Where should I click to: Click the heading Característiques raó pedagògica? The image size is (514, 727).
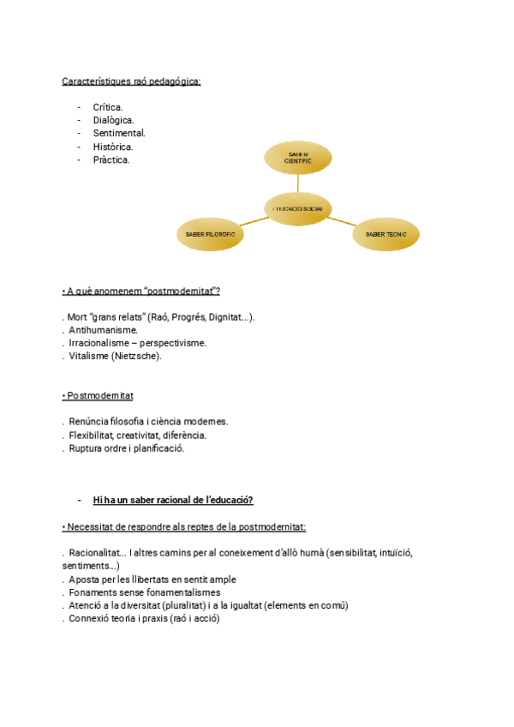(x=131, y=81)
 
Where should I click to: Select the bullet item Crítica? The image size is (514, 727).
(x=108, y=107)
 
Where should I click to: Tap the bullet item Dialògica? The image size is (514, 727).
(x=113, y=120)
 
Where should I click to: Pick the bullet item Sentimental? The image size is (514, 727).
(x=119, y=133)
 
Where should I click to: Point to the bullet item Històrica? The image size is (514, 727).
(x=113, y=147)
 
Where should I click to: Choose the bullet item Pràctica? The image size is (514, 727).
(x=111, y=159)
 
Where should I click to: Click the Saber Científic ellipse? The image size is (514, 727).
(x=297, y=157)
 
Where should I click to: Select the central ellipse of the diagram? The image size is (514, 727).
(x=297, y=208)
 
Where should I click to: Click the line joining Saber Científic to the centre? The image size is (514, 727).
(x=297, y=183)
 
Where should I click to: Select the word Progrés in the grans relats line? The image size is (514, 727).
(x=188, y=316)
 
